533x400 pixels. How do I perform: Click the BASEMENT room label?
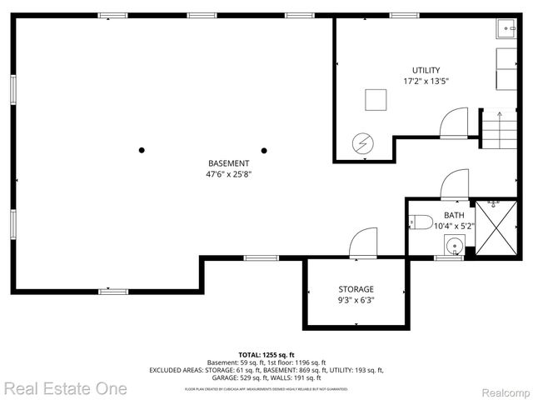[228, 162]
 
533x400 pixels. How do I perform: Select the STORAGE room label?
[356, 289]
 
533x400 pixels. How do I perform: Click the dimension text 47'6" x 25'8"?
[228, 174]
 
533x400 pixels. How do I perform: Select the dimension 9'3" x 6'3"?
[356, 301]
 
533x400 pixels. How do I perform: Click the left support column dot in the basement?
[142, 150]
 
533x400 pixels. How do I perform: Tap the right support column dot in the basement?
[264, 150]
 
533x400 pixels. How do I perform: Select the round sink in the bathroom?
[452, 246]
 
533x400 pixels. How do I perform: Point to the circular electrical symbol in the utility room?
[362, 143]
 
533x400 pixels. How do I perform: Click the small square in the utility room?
[376, 100]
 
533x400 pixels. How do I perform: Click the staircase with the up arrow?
[497, 132]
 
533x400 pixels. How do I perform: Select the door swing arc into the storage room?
[363, 242]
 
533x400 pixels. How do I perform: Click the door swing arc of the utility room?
[455, 124]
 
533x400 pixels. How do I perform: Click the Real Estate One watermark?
[65, 387]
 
